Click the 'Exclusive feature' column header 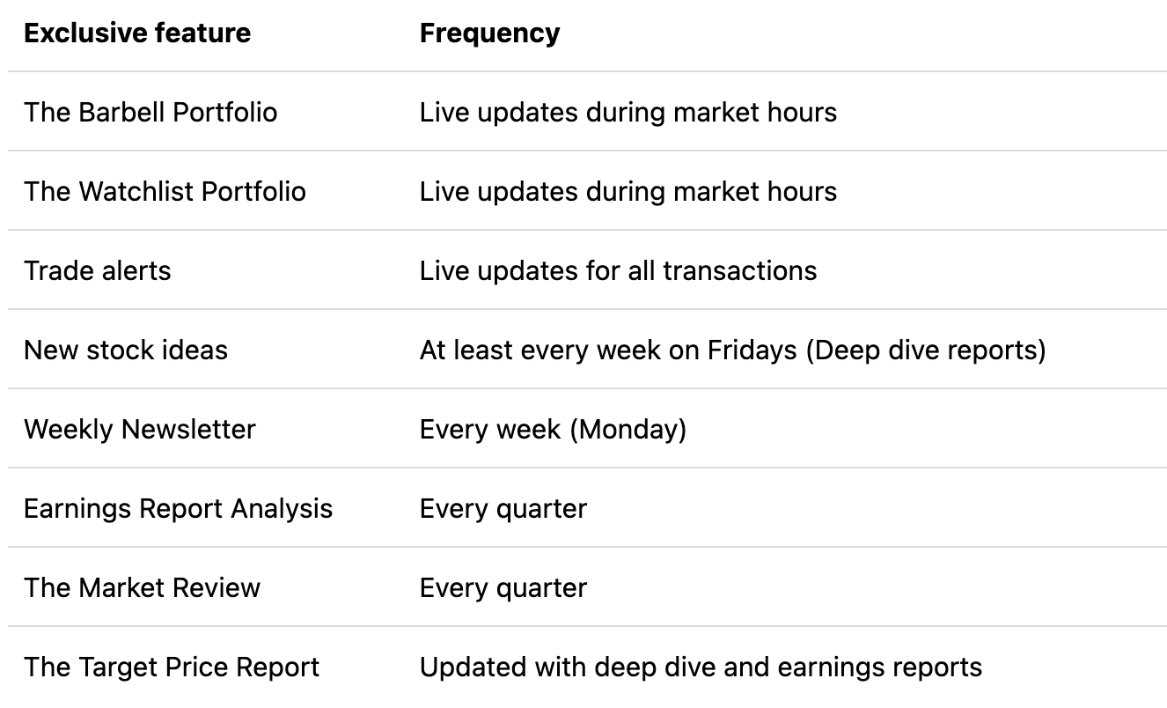137,33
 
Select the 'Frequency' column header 489,33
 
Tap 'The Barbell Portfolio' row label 150,113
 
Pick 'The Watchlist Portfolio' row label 165,192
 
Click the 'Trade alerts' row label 98,271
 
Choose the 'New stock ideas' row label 126,350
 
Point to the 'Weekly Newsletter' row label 140,430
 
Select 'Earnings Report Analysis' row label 178,509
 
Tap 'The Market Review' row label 142,588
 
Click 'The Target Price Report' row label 172,667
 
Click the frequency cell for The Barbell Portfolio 628,113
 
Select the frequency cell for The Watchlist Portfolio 628,192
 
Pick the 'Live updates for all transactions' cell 618,271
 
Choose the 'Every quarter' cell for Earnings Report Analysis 503,509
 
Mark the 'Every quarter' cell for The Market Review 503,588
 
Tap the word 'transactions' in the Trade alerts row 739,271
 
